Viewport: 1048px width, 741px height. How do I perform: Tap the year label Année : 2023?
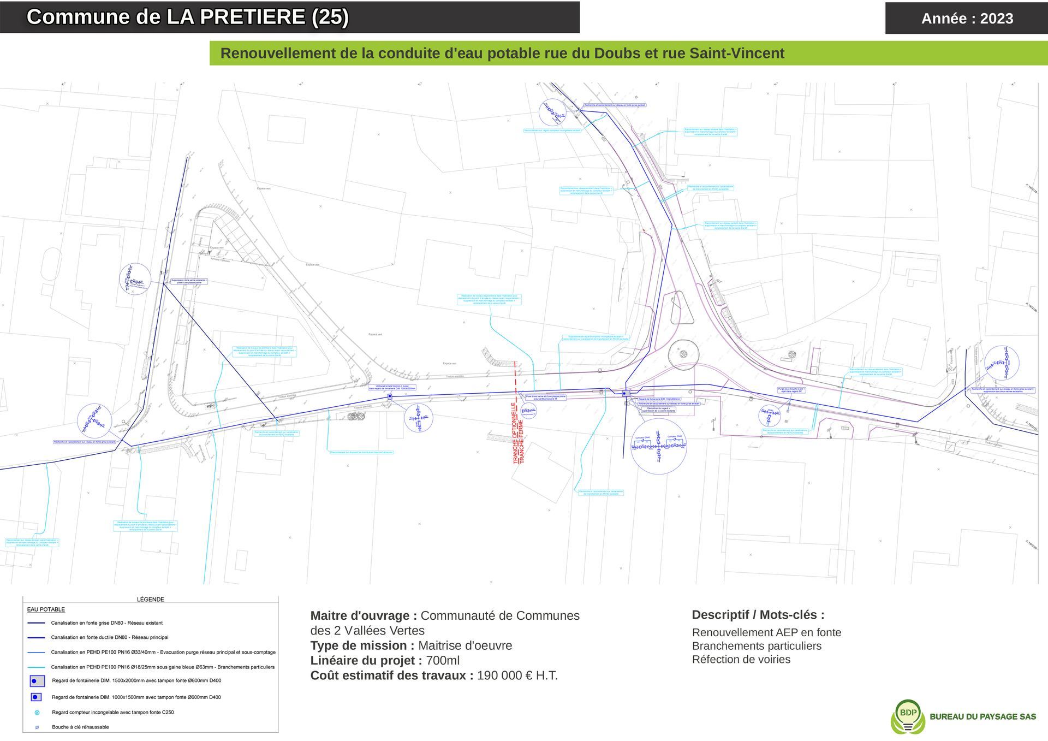967,19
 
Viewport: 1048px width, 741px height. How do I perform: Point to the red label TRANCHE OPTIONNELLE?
514,434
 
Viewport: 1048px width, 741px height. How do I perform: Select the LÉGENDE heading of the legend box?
150,599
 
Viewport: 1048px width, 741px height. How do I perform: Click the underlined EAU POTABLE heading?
46,609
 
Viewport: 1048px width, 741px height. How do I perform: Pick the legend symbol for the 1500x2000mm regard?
37,681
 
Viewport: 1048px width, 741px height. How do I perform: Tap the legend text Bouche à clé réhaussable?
80,727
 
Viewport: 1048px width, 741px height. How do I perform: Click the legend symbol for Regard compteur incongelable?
37,713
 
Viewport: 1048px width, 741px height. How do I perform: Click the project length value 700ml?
443,660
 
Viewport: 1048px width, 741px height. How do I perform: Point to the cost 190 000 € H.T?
517,675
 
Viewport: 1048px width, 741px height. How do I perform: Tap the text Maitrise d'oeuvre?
465,645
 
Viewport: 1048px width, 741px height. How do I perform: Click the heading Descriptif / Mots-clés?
758,615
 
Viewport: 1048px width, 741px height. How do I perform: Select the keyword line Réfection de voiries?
741,659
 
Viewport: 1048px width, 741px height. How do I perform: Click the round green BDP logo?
908,715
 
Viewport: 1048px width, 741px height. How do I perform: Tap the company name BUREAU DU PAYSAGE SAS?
982,716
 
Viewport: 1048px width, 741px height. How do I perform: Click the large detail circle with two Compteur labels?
658,446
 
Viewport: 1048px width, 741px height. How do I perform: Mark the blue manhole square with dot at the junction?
626,393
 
